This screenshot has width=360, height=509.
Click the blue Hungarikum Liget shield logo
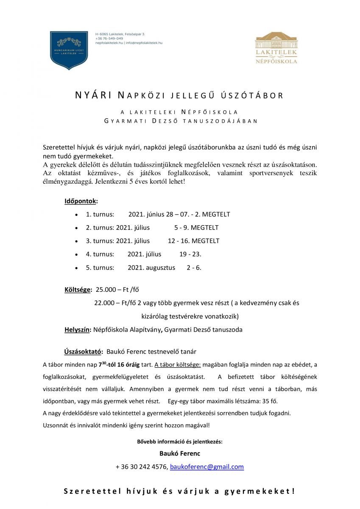[x=69, y=50]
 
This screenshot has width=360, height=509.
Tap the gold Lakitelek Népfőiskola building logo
[x=276, y=48]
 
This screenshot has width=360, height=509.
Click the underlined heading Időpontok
[x=81, y=201]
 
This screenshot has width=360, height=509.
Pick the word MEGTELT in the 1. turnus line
[x=216, y=214]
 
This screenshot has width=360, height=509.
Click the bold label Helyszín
[x=78, y=330]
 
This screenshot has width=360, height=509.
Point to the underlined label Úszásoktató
[x=83, y=352]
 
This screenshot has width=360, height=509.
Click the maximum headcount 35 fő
[x=270, y=401]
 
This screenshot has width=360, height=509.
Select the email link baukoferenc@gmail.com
[x=207, y=467]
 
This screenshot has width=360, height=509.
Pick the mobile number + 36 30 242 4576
[x=141, y=467]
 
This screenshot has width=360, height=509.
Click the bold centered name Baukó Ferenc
[x=180, y=453]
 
